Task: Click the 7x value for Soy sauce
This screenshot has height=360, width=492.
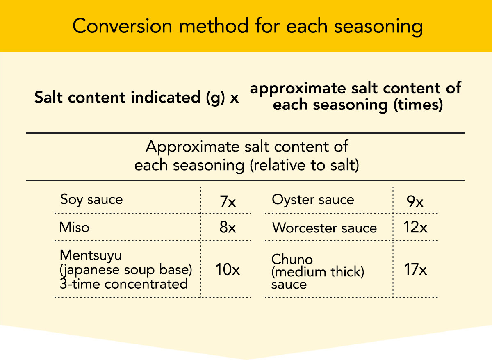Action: [x=228, y=201]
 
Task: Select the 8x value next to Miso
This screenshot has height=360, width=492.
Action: [x=228, y=227]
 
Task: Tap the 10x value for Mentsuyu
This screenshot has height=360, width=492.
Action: [x=228, y=269]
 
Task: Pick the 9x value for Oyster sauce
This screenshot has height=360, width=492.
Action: [x=415, y=201]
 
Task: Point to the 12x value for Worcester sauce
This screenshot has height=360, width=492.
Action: [x=415, y=227]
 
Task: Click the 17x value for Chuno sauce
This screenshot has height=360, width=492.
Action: [x=415, y=269]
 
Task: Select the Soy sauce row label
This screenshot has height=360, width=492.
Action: [x=91, y=200]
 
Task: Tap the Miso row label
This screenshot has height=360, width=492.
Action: [x=74, y=227]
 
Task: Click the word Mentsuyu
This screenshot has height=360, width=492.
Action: [x=91, y=255]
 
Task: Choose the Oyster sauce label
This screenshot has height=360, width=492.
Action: [x=313, y=200]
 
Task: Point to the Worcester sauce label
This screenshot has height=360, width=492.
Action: [x=324, y=228]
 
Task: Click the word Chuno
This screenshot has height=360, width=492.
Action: [x=292, y=259]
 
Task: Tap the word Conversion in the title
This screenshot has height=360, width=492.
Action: [x=122, y=26]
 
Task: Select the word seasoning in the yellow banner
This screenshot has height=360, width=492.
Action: [x=378, y=27]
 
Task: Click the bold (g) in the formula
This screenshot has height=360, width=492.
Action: [x=216, y=98]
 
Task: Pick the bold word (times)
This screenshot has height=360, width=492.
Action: [x=418, y=105]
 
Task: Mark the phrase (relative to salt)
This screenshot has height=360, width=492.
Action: [x=304, y=165]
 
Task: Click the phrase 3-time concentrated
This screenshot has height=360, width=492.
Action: [x=124, y=284]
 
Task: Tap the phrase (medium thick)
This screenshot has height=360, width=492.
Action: [x=318, y=272]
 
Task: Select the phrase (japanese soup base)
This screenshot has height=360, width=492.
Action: [x=126, y=270]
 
